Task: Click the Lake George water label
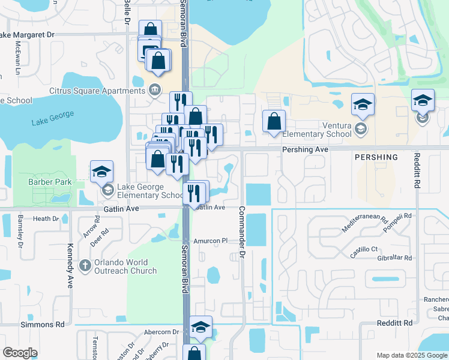tap(53, 118)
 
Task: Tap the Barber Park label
tap(50, 182)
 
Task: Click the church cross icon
tap(85, 265)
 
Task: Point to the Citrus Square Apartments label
tap(98, 91)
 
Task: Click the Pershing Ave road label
tap(306, 149)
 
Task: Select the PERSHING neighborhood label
tap(376, 157)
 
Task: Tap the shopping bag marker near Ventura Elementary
tap(274, 122)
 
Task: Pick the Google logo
tap(20, 353)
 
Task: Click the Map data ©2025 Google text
tap(412, 355)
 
